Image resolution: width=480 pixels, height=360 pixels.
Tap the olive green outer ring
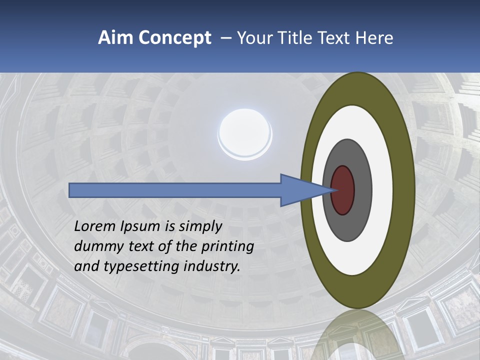404,190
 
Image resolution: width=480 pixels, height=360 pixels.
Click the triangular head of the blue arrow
300,190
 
